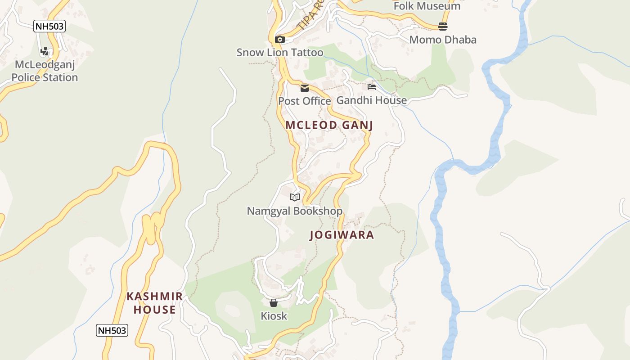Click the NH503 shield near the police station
tap(49, 27)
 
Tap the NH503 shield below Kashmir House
tap(112, 330)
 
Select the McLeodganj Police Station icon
tap(44, 51)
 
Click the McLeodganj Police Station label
tap(45, 71)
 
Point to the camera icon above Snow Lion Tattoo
tap(280, 40)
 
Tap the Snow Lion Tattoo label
tap(280, 53)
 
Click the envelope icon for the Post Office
tap(305, 88)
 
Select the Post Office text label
tap(304, 101)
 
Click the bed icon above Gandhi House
tap(372, 86)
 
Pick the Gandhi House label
tap(372, 100)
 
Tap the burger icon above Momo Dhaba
tap(443, 27)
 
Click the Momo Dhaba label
tap(443, 40)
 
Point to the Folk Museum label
tap(427, 6)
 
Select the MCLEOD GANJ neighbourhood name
tap(329, 125)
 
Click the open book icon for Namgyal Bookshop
tap(295, 197)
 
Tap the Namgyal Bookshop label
tap(295, 211)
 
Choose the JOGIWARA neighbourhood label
tap(342, 235)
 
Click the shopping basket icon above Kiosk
tap(274, 303)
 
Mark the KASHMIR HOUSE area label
tap(155, 303)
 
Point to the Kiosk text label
tap(274, 316)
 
